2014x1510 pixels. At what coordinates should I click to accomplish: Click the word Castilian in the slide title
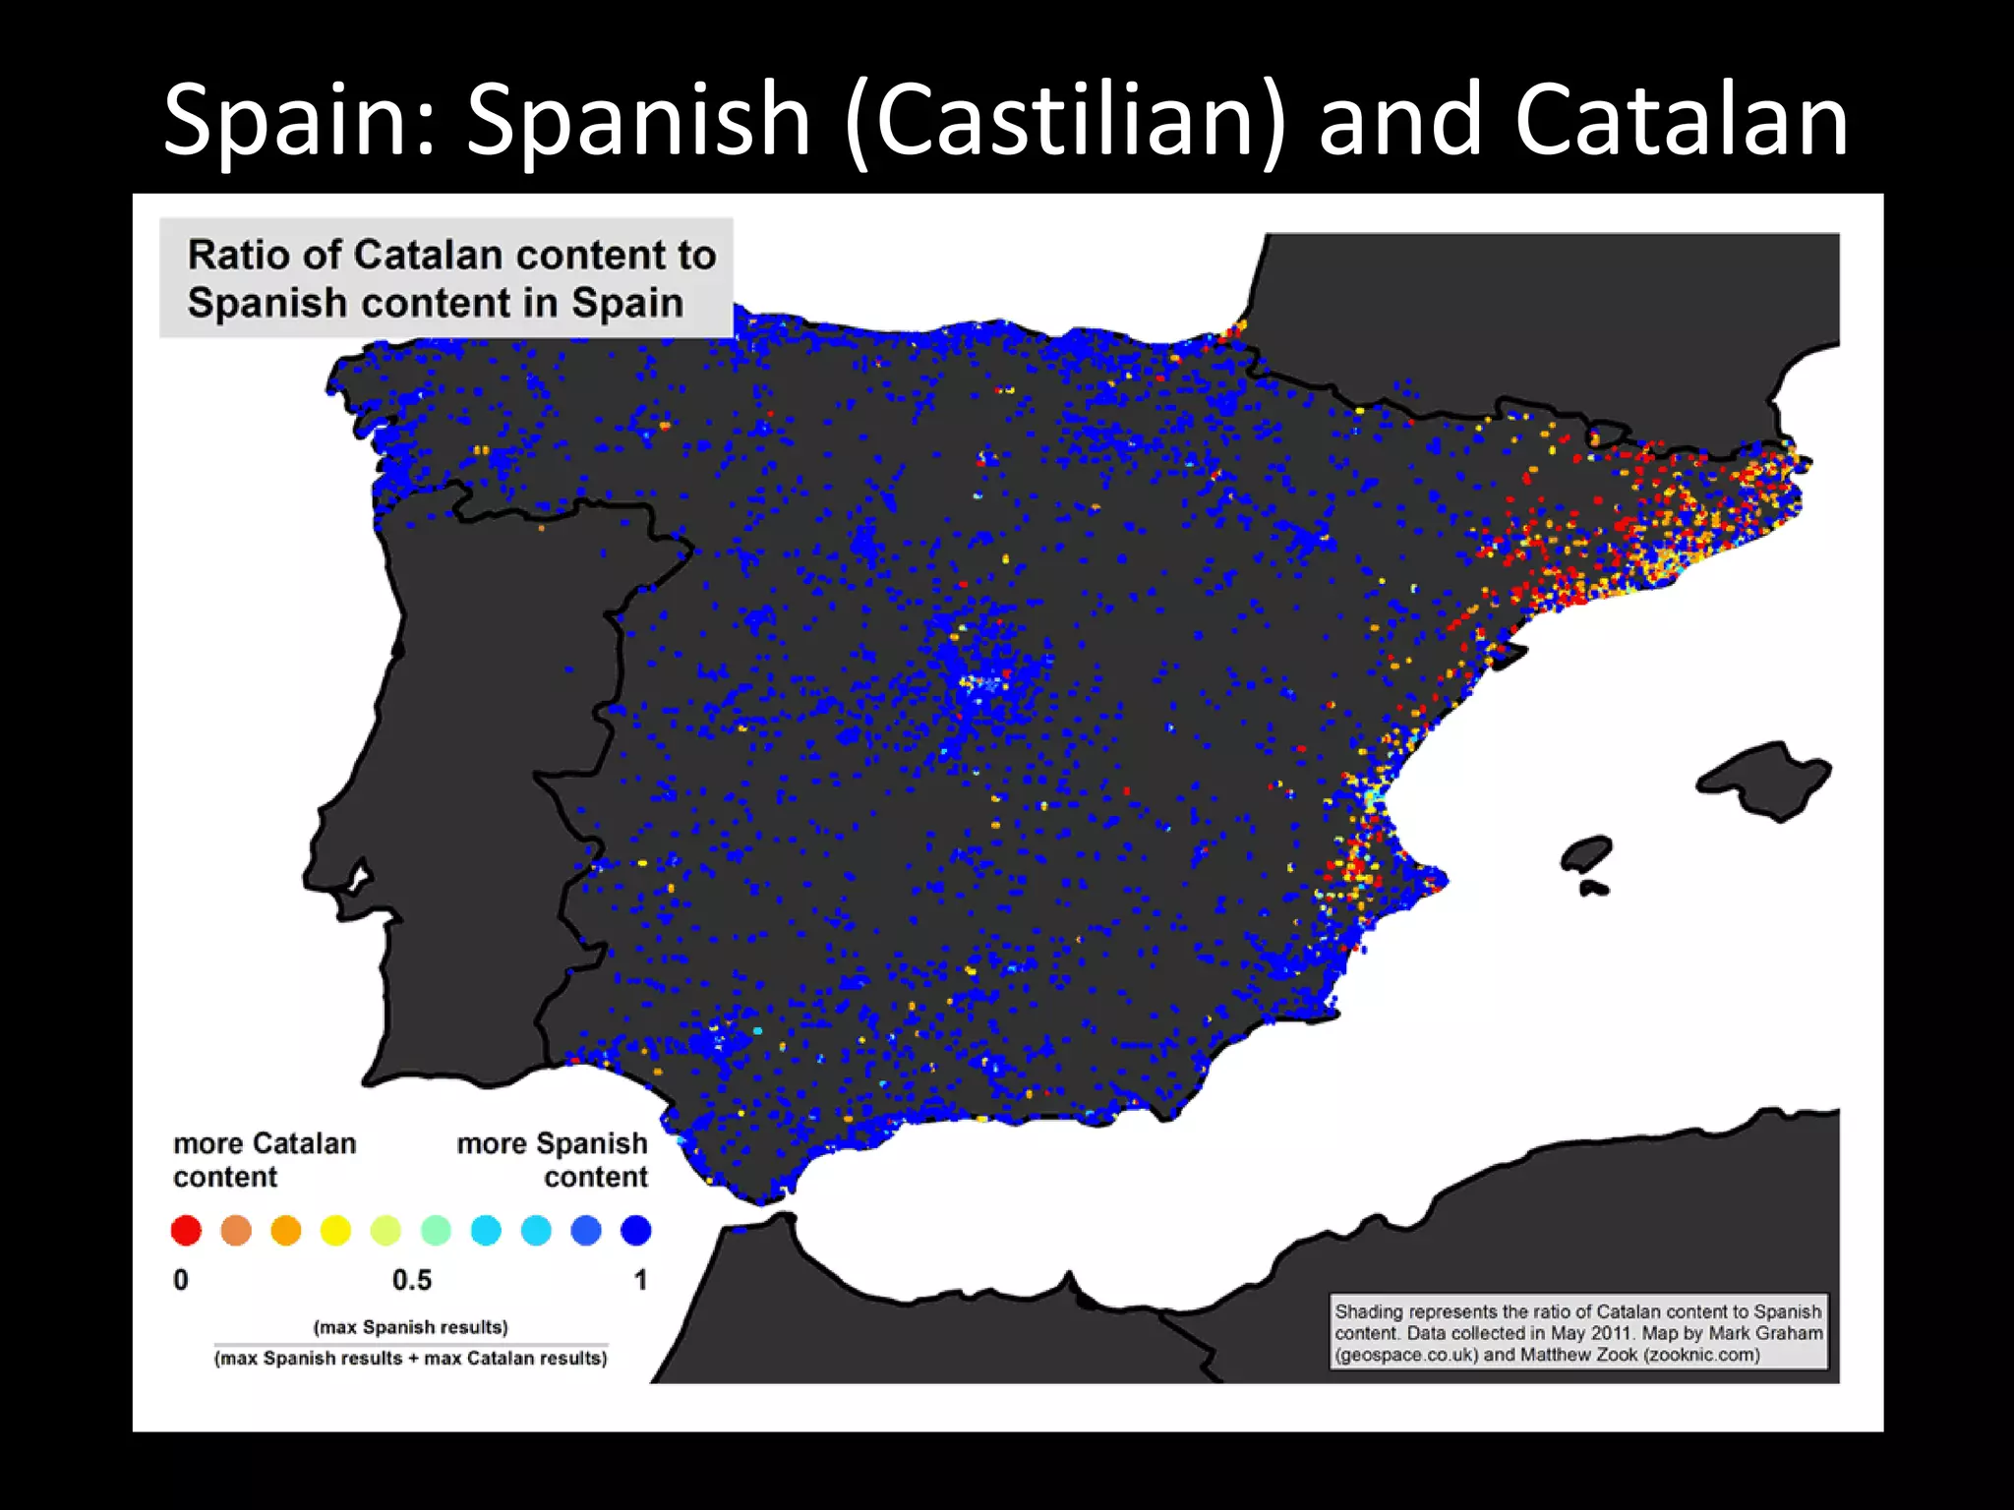[x=1066, y=120]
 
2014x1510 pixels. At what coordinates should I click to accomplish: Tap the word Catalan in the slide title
[x=1682, y=120]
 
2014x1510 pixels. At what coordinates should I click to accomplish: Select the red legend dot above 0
[x=186, y=1230]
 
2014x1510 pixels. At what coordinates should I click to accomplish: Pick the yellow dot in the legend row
[x=335, y=1230]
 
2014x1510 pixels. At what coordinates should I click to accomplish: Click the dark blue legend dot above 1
[x=636, y=1230]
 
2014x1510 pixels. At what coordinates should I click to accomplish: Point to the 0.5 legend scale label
[x=411, y=1280]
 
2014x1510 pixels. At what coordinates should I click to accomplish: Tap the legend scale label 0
[x=181, y=1280]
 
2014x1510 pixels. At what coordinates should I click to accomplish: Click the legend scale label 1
[x=640, y=1280]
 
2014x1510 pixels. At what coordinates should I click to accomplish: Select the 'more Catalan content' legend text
[x=264, y=1160]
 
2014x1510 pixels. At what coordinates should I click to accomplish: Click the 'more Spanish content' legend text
[x=553, y=1160]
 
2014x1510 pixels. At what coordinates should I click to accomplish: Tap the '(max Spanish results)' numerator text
[x=410, y=1327]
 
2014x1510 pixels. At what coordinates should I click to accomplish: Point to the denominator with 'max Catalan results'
[x=411, y=1359]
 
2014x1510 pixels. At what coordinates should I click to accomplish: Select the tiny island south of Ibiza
[x=1594, y=889]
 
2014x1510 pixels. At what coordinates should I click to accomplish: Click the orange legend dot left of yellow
[x=285, y=1230]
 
